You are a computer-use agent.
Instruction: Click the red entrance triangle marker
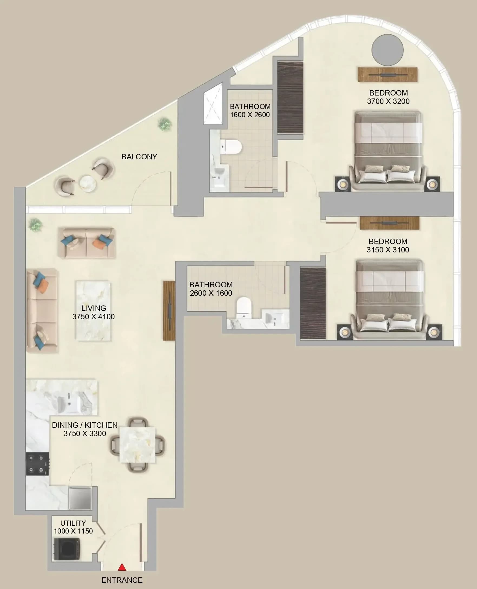click(x=122, y=567)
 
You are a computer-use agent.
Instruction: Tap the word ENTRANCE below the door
click(x=122, y=580)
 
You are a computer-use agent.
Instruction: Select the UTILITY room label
click(x=73, y=523)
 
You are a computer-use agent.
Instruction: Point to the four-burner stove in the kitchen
click(x=38, y=464)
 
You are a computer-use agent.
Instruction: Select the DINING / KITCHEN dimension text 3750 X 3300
click(x=85, y=433)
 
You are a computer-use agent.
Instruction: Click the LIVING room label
click(x=94, y=308)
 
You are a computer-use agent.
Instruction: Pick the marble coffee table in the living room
click(x=93, y=311)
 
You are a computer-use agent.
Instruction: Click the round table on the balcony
click(x=88, y=183)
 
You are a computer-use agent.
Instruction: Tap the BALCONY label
click(x=139, y=157)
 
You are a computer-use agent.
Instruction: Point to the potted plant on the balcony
click(x=165, y=124)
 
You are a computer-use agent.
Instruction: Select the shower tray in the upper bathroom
click(x=213, y=104)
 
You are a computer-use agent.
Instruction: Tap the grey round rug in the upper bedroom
click(x=387, y=50)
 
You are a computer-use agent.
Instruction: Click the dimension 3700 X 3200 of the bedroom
click(x=388, y=101)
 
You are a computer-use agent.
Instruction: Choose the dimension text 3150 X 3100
click(x=388, y=250)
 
